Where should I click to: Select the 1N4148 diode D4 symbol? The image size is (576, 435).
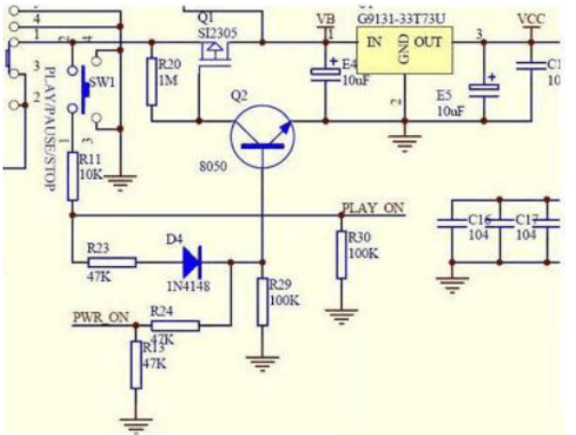click(191, 262)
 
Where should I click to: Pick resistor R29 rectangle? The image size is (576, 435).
click(262, 302)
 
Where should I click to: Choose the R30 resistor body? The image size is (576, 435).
click(340, 254)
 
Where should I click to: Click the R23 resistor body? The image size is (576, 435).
click(112, 262)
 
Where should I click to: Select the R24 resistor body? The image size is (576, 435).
click(174, 325)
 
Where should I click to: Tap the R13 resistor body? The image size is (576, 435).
click(136, 365)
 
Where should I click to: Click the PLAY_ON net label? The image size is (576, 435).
click(372, 209)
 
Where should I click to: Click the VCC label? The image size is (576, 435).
click(530, 19)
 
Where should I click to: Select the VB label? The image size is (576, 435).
click(323, 19)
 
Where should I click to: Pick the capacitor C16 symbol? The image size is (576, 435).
click(451, 227)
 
